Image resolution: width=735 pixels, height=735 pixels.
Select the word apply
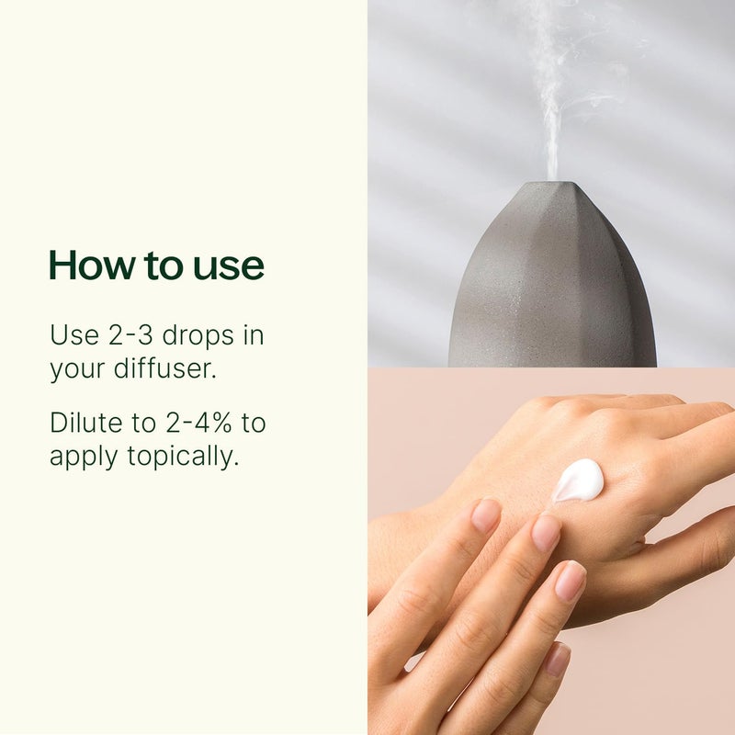point(77,458)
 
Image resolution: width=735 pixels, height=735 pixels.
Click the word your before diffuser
point(73,370)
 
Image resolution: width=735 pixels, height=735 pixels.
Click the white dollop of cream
point(579,480)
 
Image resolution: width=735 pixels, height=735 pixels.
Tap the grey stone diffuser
point(551,285)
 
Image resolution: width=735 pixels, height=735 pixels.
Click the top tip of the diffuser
point(551,184)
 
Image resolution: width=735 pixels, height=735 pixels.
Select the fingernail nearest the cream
point(546,533)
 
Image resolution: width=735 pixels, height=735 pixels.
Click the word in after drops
point(252,335)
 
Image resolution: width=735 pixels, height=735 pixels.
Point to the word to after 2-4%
point(254,424)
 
